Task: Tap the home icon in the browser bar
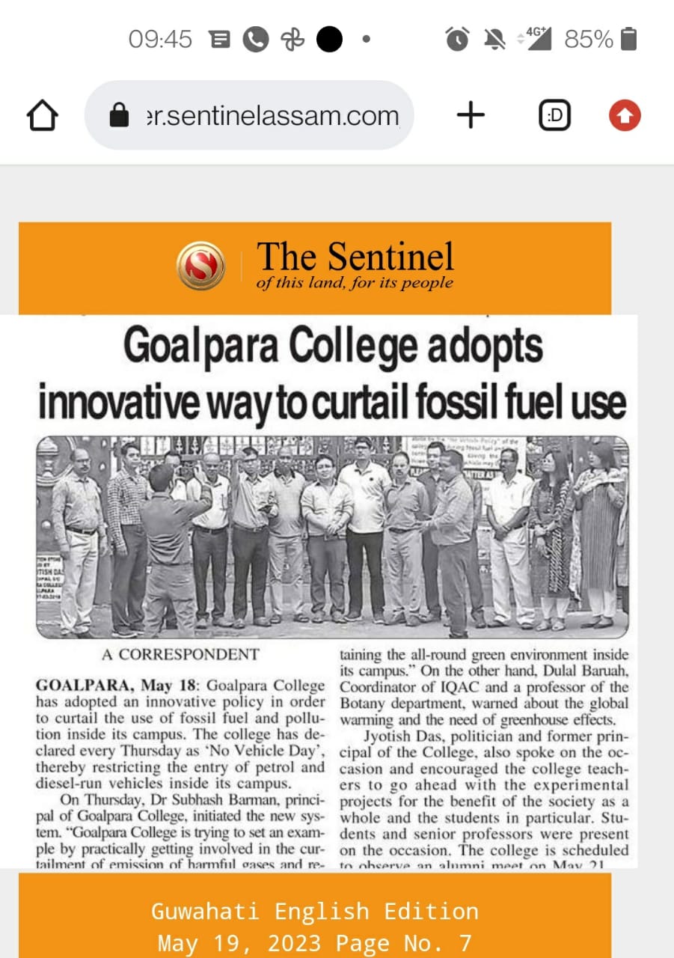(x=42, y=116)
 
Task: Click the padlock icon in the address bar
(x=119, y=116)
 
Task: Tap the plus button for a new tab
(x=471, y=115)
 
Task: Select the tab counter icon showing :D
(x=555, y=116)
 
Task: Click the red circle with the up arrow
(x=625, y=116)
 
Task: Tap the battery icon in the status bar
(x=629, y=39)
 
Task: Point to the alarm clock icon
(x=457, y=39)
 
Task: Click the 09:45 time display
(x=160, y=39)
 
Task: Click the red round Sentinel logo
(x=200, y=266)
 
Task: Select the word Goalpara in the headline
(x=200, y=347)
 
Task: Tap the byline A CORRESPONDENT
(x=180, y=654)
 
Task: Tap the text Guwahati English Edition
(x=314, y=911)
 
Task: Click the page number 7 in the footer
(x=465, y=942)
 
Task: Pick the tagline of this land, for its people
(x=355, y=283)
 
